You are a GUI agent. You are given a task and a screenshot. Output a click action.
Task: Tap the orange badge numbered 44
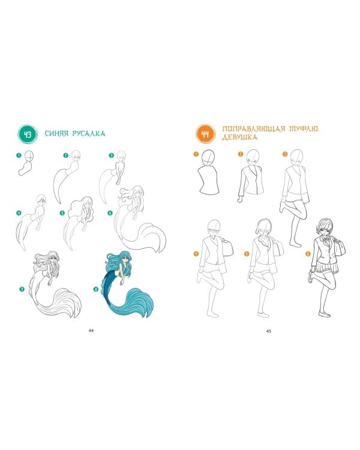pos(205,134)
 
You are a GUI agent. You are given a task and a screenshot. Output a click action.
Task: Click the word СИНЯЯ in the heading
pos(56,133)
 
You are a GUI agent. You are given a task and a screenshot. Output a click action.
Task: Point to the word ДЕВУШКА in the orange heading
pos(239,137)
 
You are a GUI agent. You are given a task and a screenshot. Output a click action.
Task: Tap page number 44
pos(91,331)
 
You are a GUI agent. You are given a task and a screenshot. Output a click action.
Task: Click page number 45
pos(269,331)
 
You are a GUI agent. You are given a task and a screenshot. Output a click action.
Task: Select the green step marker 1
pos(19,155)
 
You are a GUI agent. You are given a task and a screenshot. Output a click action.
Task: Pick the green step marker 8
pos(96,289)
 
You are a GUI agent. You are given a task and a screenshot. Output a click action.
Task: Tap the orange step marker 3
pos(285,154)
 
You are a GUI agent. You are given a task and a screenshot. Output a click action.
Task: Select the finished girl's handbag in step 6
pos(340,247)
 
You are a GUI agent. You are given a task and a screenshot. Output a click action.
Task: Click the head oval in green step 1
pos(29,156)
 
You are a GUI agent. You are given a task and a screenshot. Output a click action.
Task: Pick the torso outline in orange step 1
pos(209,180)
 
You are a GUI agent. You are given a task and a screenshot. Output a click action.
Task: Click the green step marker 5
pos(62,213)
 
